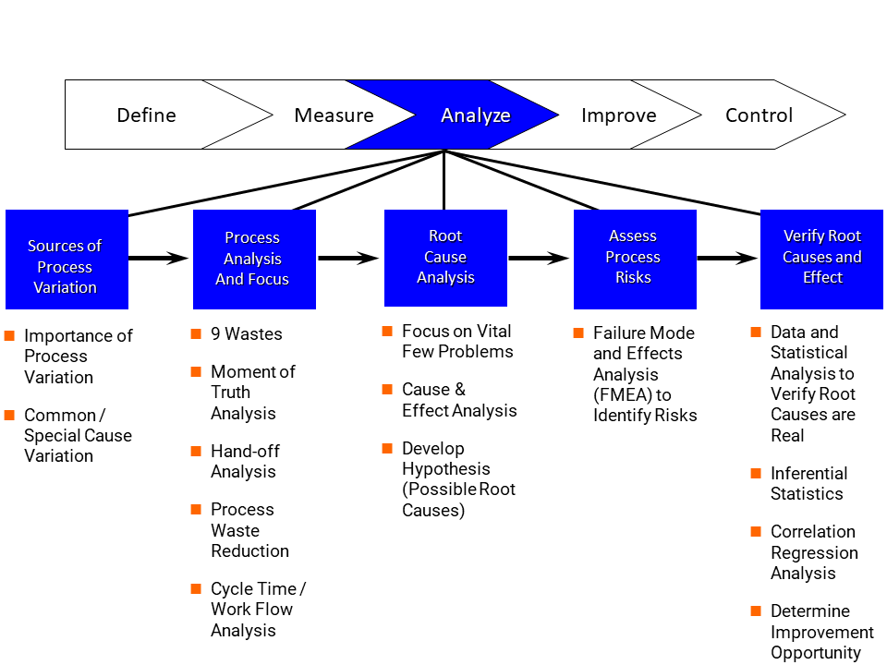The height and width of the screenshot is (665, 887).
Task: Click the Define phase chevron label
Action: (147, 115)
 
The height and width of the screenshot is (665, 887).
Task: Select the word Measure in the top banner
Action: (334, 115)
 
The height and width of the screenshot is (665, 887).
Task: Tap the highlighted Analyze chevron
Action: (453, 115)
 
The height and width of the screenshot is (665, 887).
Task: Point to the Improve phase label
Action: (619, 115)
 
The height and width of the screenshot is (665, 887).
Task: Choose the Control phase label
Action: (759, 115)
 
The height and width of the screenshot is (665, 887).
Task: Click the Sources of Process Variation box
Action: (67, 260)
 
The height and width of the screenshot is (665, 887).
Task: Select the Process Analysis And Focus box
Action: (255, 260)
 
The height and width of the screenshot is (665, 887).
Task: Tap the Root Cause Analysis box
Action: (445, 258)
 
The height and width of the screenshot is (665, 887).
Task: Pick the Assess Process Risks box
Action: (636, 260)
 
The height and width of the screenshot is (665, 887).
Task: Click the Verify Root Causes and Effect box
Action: (821, 260)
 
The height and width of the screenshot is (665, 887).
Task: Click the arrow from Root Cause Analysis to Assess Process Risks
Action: (539, 259)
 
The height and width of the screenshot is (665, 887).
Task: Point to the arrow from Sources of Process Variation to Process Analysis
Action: (159, 259)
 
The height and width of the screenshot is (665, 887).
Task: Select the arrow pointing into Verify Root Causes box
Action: (727, 259)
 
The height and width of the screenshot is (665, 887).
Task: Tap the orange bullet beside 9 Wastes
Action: (196, 333)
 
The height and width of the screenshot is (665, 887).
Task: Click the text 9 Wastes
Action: (247, 334)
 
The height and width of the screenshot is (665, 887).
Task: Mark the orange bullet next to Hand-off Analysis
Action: (196, 451)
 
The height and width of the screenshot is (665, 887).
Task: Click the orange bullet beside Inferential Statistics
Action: (756, 473)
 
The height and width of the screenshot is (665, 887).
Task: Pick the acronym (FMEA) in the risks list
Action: (623, 394)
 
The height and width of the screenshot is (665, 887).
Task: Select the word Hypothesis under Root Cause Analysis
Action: (446, 469)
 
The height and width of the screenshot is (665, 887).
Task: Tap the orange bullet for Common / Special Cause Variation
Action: (9, 415)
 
